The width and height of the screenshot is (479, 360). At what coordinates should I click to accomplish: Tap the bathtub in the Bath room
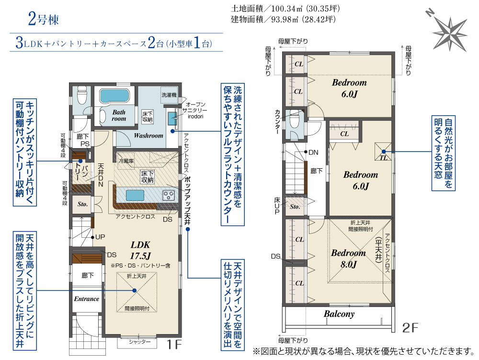tap(114, 96)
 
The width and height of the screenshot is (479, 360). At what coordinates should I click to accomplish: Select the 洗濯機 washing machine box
tap(169, 95)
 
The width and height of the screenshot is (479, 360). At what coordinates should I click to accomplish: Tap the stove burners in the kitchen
tap(168, 195)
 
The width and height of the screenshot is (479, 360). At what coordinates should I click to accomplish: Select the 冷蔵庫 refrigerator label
tap(126, 161)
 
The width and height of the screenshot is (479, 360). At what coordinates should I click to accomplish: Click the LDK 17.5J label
tap(140, 250)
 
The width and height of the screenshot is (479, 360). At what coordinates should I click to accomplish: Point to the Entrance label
tap(86, 299)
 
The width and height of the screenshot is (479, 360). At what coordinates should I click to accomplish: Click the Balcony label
tap(339, 314)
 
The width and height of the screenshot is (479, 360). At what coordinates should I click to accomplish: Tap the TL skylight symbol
tap(383, 151)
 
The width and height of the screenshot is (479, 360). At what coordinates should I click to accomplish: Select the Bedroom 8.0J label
tap(349, 258)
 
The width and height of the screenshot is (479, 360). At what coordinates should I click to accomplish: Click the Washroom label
tap(148, 135)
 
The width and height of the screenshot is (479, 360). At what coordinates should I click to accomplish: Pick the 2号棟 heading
tap(44, 19)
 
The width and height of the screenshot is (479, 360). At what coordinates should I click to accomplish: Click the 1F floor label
tap(174, 345)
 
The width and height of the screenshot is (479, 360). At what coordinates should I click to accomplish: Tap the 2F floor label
tap(410, 327)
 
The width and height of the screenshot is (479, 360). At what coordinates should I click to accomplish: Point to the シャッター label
tap(139, 342)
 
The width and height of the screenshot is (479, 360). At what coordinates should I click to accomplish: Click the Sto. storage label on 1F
tap(82, 204)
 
